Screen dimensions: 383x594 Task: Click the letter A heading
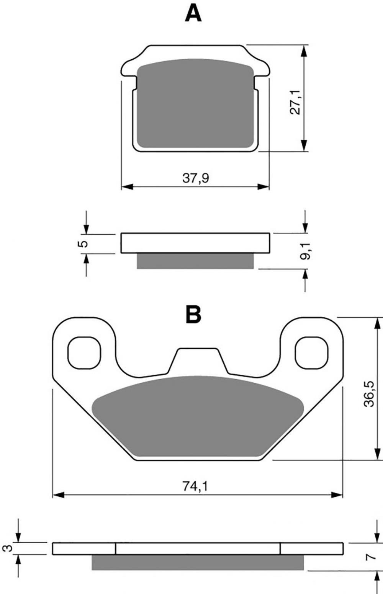coord(193,13)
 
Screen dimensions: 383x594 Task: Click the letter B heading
coord(193,314)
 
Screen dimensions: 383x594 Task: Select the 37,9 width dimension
coord(195,178)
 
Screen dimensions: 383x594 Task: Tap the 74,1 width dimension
coord(195,486)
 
